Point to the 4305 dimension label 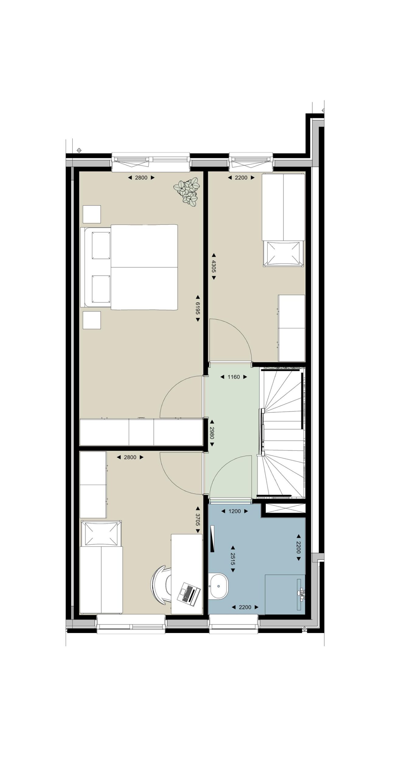pyautogui.click(x=214, y=266)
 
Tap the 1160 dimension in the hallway pyautogui.click(x=234, y=377)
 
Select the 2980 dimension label pyautogui.click(x=212, y=433)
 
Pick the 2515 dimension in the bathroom pyautogui.click(x=233, y=559)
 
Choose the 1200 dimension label pyautogui.click(x=235, y=511)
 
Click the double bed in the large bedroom pyautogui.click(x=129, y=267)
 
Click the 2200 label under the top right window pyautogui.click(x=241, y=177)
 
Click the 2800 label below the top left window pyautogui.click(x=141, y=177)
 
